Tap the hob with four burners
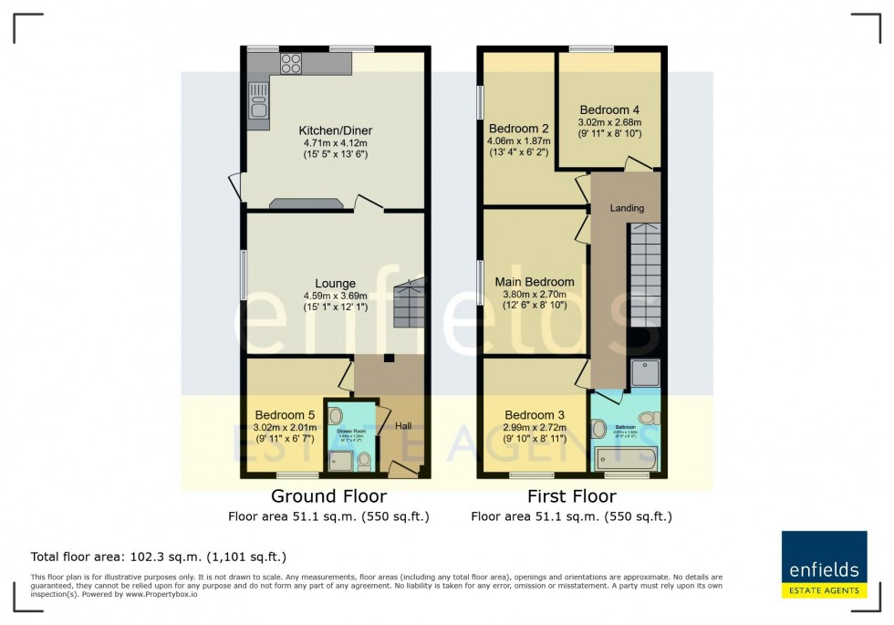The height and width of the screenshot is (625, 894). pos(291,63)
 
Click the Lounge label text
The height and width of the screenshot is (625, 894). pos(336,283)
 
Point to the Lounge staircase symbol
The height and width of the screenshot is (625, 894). pos(409,304)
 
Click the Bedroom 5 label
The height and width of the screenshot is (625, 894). pos(284,414)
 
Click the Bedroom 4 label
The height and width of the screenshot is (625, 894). pos(609,109)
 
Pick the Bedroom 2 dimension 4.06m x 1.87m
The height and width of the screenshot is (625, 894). pos(518,141)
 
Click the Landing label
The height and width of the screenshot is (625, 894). pos(627,208)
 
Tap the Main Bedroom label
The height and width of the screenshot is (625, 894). pos(535,282)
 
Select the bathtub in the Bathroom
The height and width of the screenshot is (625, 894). pos(625,458)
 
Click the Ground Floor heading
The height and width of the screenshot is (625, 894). pos(328,496)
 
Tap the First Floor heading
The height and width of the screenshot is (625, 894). pos(571,496)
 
